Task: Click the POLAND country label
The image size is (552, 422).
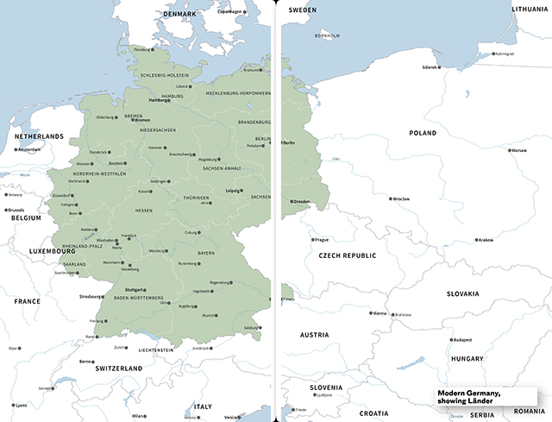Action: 423,134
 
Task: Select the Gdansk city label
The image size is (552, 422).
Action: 430,66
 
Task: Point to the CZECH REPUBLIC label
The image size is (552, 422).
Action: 347,255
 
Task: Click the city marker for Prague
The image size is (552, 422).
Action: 313,239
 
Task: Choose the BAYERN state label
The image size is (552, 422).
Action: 205,253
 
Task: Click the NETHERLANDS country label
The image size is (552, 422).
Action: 38,136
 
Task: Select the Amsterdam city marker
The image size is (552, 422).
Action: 16,150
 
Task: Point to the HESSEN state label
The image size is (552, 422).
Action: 144,211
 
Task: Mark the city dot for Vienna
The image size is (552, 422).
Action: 369,313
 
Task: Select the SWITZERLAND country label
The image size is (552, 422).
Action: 118,368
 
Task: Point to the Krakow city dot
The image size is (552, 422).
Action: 475,239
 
